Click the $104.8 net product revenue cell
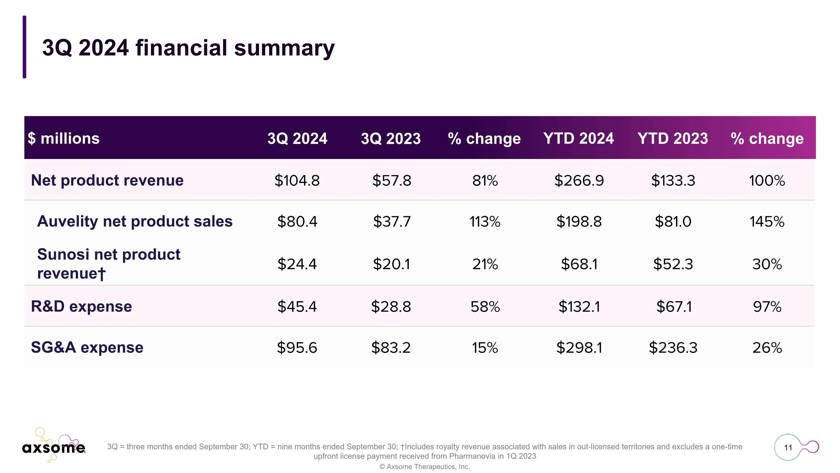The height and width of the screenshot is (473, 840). [x=297, y=181]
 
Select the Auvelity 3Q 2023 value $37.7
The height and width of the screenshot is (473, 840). [x=391, y=222]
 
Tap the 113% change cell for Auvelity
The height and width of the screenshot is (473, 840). [x=485, y=222]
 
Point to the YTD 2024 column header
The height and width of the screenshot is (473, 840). [x=578, y=139]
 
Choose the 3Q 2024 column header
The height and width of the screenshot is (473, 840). [x=297, y=139]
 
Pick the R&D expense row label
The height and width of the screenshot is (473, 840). [x=81, y=306]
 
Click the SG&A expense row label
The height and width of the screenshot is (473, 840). [x=87, y=347]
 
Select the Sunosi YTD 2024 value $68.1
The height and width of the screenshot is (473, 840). [x=579, y=264]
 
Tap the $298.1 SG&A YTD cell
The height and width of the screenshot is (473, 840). [x=579, y=348]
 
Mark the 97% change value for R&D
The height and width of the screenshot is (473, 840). [x=767, y=307]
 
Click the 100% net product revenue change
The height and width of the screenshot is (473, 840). [x=767, y=181]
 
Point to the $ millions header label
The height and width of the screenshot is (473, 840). [x=64, y=139]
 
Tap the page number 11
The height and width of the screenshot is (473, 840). [x=788, y=447]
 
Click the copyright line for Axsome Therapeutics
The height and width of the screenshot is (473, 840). [x=424, y=467]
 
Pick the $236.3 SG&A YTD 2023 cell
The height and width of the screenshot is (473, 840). [x=673, y=348]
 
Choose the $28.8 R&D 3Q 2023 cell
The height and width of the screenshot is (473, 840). [x=391, y=307]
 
